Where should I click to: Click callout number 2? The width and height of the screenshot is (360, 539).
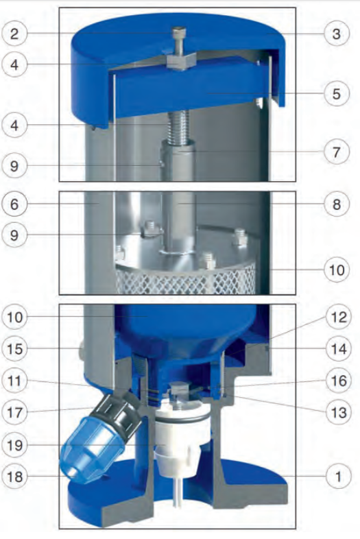coord(14,34)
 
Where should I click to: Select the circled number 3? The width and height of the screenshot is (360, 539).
coord(337,34)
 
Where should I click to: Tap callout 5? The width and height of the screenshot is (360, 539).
coord(337,93)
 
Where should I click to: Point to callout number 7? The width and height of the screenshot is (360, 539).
coord(337,152)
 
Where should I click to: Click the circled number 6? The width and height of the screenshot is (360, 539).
coord(14,204)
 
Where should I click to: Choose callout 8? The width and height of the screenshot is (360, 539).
coord(337,204)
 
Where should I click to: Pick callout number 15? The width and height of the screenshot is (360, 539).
coord(14,349)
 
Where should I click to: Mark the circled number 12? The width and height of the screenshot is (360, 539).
coord(338,317)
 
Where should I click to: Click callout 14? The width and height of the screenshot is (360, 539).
coord(338,349)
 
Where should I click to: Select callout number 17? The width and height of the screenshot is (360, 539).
coord(14,412)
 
